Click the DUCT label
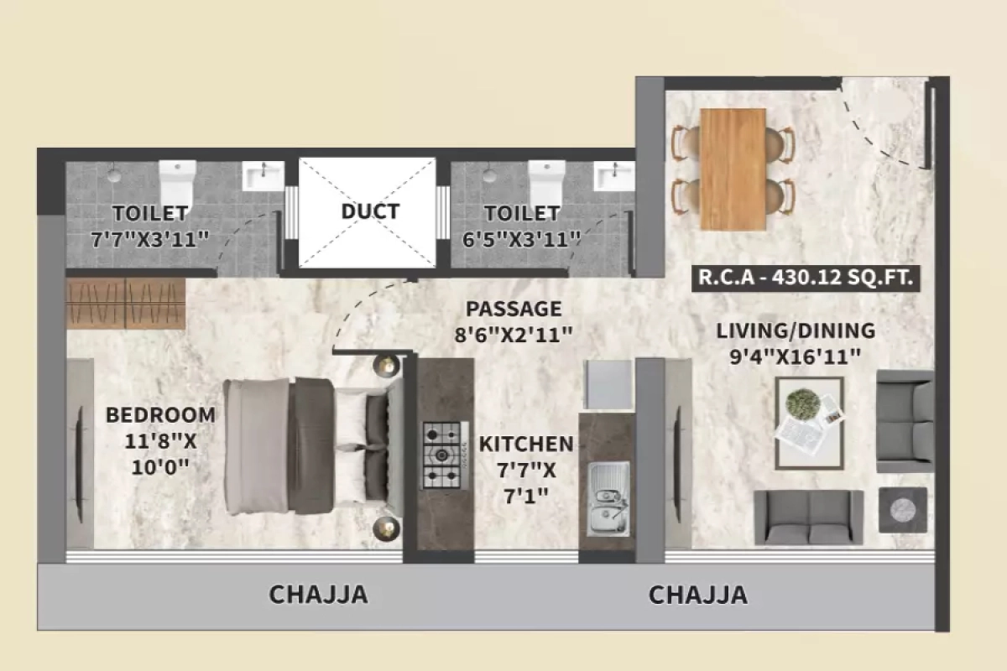(370, 211)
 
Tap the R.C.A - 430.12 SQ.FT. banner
(805, 278)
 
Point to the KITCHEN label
(526, 444)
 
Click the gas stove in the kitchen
(442, 455)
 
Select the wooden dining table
(733, 169)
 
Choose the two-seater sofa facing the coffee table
(808, 517)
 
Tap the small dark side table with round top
(903, 509)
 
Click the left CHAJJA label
(318, 595)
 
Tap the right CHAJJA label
(697, 595)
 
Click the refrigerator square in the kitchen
(608, 385)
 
